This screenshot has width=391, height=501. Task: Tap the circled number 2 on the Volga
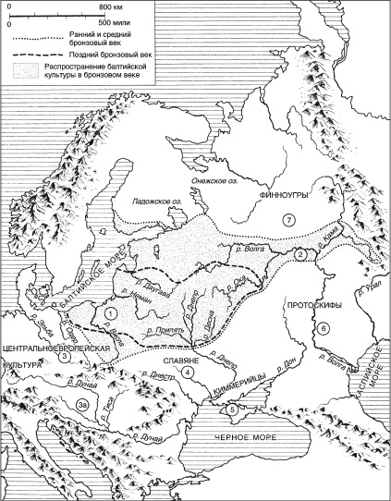[x=299, y=254]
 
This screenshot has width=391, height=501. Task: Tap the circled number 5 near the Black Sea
[x=233, y=409]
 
